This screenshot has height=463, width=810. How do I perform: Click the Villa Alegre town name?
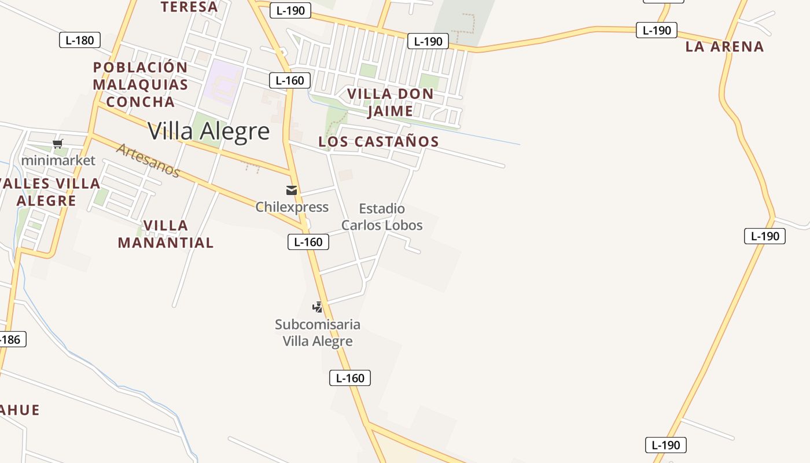click(209, 131)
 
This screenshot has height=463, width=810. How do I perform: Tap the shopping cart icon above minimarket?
click(57, 144)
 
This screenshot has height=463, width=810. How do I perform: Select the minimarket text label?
click(58, 160)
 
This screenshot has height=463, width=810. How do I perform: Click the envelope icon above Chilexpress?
click(292, 190)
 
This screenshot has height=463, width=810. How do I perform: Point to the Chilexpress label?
click(292, 207)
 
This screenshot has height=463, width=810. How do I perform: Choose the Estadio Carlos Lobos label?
click(382, 217)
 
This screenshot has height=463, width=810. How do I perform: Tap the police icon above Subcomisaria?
click(317, 307)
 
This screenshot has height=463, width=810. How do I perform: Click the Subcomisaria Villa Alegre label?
click(318, 333)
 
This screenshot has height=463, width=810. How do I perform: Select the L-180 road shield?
click(80, 40)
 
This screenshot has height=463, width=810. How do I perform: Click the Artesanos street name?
click(148, 160)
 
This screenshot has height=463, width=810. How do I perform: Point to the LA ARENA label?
click(724, 47)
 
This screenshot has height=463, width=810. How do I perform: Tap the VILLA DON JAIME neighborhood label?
click(391, 102)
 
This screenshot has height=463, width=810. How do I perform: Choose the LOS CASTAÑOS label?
click(379, 142)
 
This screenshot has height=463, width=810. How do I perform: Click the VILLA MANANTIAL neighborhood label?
click(165, 234)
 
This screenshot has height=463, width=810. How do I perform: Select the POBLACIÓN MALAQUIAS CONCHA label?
click(141, 84)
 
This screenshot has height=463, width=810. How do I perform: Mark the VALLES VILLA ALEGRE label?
click(49, 192)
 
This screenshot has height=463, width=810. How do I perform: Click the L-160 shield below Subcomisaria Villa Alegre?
click(350, 378)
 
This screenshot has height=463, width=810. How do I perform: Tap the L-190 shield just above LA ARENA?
click(656, 30)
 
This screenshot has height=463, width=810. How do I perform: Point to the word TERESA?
click(189, 7)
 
